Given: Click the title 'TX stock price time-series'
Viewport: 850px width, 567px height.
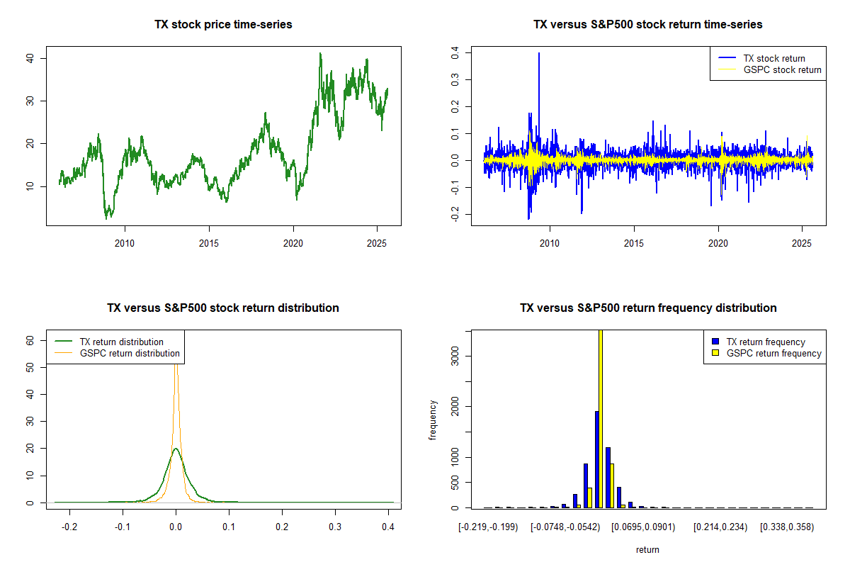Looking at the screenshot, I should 223,25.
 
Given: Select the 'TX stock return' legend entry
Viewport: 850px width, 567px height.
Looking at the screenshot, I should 773,58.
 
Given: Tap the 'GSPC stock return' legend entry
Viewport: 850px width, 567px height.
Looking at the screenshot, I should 782,69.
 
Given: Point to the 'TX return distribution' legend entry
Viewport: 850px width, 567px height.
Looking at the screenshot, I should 121,342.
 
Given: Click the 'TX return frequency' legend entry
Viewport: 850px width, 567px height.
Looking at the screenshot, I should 776,342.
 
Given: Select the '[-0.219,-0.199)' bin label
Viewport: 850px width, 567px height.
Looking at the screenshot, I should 488,528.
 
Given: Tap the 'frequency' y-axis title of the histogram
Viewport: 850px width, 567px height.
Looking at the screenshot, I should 433,420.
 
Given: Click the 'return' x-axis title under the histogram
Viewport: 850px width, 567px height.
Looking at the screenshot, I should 647,549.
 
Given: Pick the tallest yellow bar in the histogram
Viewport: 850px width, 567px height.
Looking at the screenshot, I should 601,418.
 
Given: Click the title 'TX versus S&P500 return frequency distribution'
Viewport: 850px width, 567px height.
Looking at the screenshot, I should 648,308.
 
